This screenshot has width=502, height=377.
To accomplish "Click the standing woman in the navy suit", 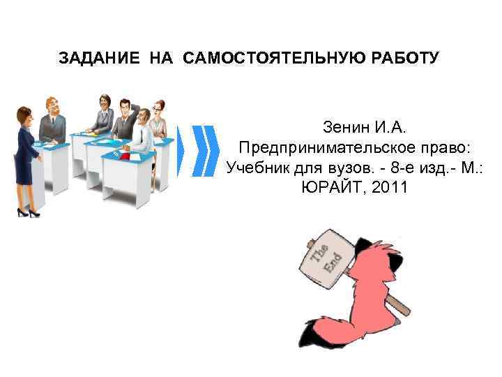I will (x=27, y=161).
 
